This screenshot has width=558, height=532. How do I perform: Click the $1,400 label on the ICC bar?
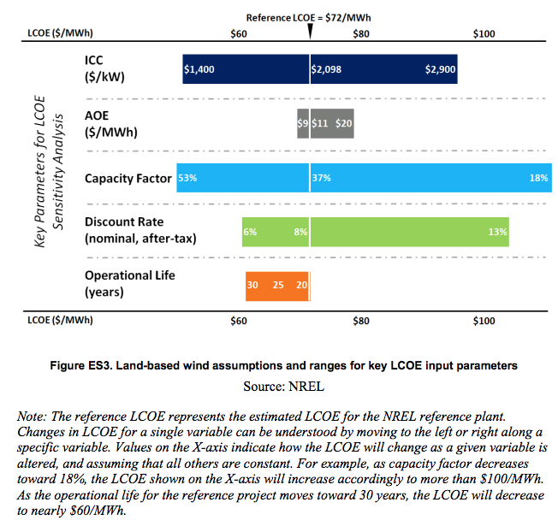click(199, 70)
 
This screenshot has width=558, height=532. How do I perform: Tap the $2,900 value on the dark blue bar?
click(441, 70)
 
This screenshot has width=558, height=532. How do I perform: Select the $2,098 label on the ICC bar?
click(326, 70)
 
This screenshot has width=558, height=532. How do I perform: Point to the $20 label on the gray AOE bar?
click(344, 124)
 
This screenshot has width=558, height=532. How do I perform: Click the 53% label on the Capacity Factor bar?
click(187, 178)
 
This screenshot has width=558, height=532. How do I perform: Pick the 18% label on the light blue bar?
click(538, 178)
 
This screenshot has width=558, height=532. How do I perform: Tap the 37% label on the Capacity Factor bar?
click(322, 178)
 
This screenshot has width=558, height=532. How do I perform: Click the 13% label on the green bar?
click(498, 232)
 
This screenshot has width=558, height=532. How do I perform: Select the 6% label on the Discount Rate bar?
click(250, 232)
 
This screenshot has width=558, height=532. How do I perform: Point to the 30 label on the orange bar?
click(252, 285)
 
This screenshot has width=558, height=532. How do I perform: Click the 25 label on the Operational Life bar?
click(278, 285)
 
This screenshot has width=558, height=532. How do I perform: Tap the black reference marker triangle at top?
click(310, 31)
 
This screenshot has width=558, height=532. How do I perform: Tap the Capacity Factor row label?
click(128, 179)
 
